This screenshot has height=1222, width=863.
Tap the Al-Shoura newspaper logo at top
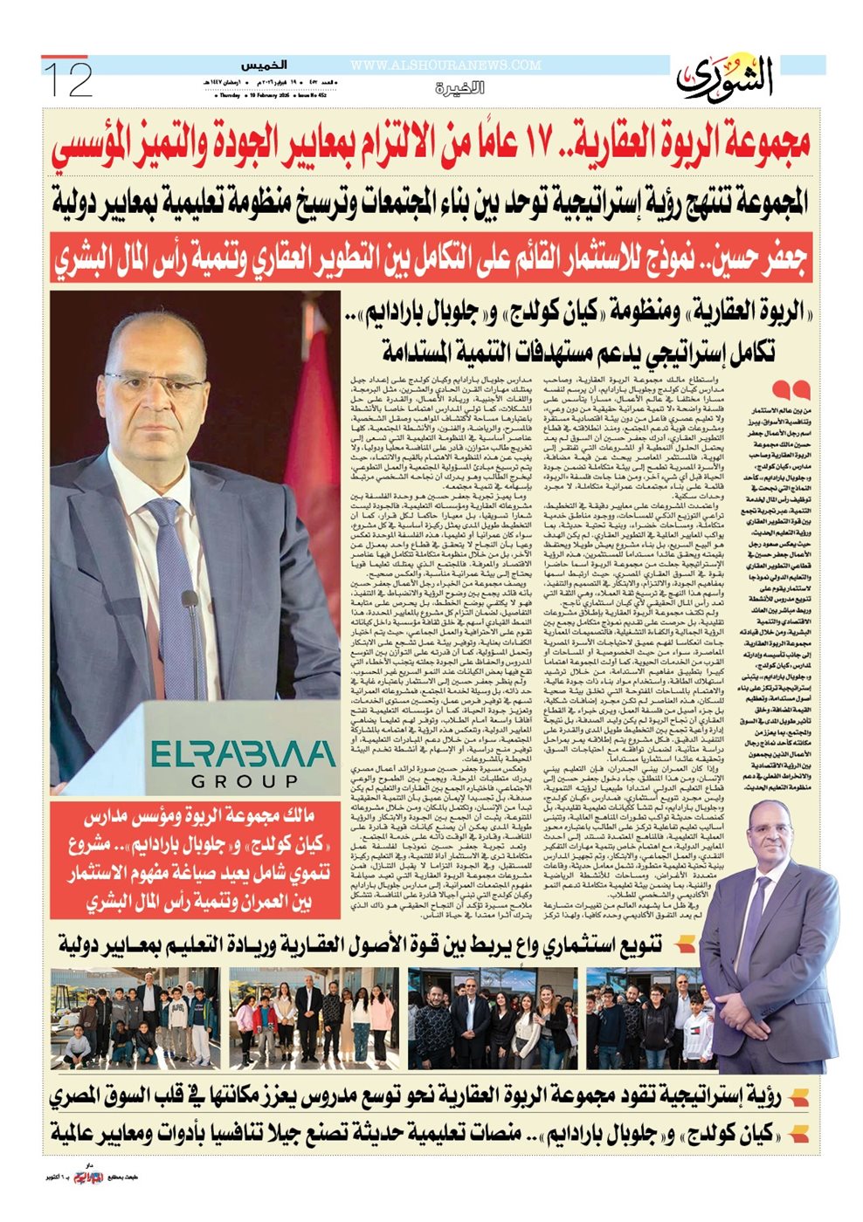tap(725, 79)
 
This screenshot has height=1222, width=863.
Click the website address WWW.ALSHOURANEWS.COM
tap(445, 65)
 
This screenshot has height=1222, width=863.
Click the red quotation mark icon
tap(791, 390)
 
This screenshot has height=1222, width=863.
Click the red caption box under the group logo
tap(194, 860)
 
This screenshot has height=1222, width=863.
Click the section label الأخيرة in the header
tap(460, 89)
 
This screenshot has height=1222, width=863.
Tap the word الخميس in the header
tap(265, 65)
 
